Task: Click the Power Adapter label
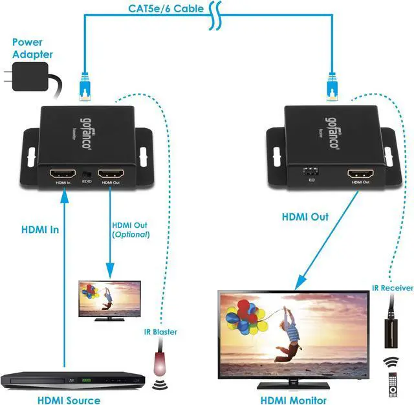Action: [32, 50]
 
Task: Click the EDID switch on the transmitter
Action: [88, 175]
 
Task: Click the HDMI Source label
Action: [69, 399]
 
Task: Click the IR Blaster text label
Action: [160, 332]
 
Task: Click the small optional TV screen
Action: [109, 298]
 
